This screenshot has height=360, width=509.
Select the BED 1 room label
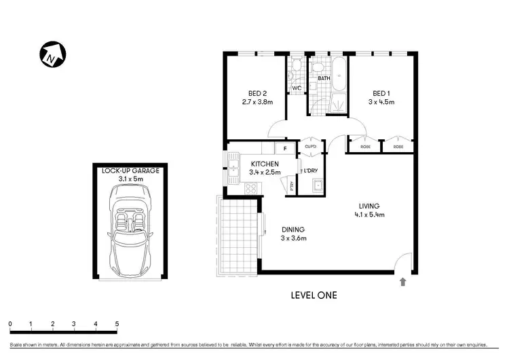(380, 93)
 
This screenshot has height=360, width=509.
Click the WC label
(297, 88)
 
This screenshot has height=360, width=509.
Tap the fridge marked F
(285, 149)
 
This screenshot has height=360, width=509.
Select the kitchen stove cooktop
(250, 189)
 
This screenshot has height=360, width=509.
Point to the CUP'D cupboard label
(311, 147)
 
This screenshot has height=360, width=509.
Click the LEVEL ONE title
(313, 295)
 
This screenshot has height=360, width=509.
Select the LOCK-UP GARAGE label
(130, 170)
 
